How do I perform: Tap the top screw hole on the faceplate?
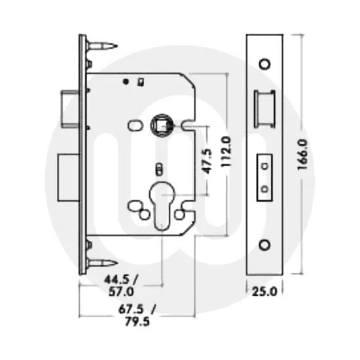click(264, 63)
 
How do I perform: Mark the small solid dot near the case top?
click(124, 82)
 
